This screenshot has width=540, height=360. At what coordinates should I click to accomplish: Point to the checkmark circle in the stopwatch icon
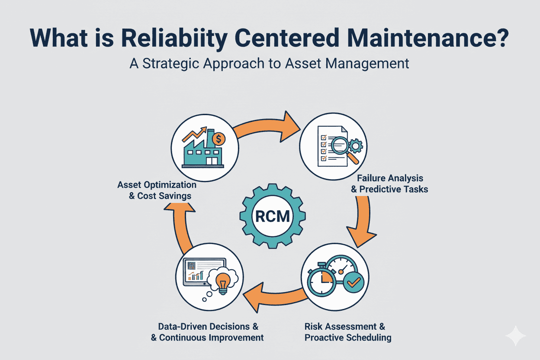pyautogui.click(x=354, y=281)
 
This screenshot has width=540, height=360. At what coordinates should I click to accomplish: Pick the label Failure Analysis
pyautogui.click(x=390, y=178)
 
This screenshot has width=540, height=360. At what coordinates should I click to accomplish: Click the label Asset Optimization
pyautogui.click(x=157, y=185)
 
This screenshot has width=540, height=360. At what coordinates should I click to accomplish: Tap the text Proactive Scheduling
pyautogui.click(x=348, y=337)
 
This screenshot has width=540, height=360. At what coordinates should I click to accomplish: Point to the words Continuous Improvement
pyautogui.click(x=212, y=337)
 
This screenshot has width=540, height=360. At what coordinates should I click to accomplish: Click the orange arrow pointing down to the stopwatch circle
pyautogui.click(x=363, y=225)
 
